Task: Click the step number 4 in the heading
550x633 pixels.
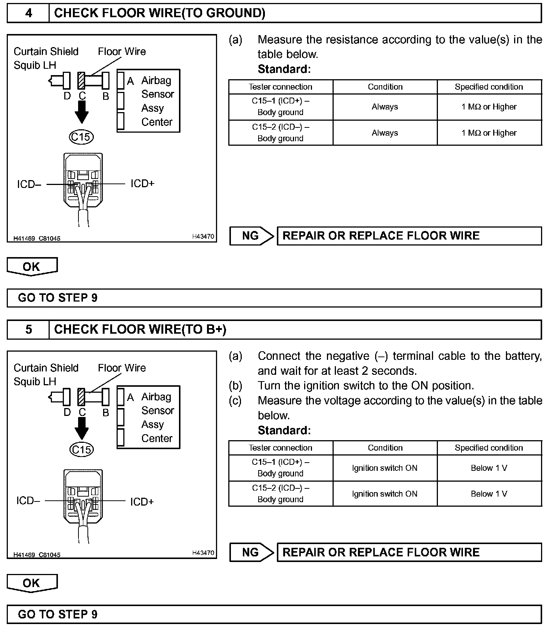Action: click(x=28, y=13)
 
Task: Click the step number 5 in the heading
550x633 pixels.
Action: click(x=28, y=329)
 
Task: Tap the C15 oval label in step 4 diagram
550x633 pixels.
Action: click(x=81, y=137)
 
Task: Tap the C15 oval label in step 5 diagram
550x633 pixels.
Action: click(x=81, y=449)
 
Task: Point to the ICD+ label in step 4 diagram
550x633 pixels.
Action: click(x=142, y=183)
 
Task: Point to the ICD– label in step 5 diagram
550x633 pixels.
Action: click(x=28, y=501)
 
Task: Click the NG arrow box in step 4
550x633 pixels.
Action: click(x=251, y=236)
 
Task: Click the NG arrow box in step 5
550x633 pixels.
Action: click(x=251, y=552)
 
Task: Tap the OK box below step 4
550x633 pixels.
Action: click(x=32, y=266)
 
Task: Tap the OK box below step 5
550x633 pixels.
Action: click(x=32, y=583)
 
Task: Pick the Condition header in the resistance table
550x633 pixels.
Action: click(x=385, y=87)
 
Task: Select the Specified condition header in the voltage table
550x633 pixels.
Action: click(x=489, y=448)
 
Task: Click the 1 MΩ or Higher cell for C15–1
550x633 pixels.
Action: click(x=489, y=107)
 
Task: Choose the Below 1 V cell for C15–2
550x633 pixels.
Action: click(x=489, y=494)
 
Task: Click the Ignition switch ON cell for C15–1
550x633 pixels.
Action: click(x=384, y=468)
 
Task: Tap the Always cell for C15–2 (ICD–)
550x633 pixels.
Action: click(x=384, y=133)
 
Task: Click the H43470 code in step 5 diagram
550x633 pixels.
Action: click(x=203, y=553)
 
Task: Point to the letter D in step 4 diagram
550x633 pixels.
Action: click(x=67, y=96)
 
